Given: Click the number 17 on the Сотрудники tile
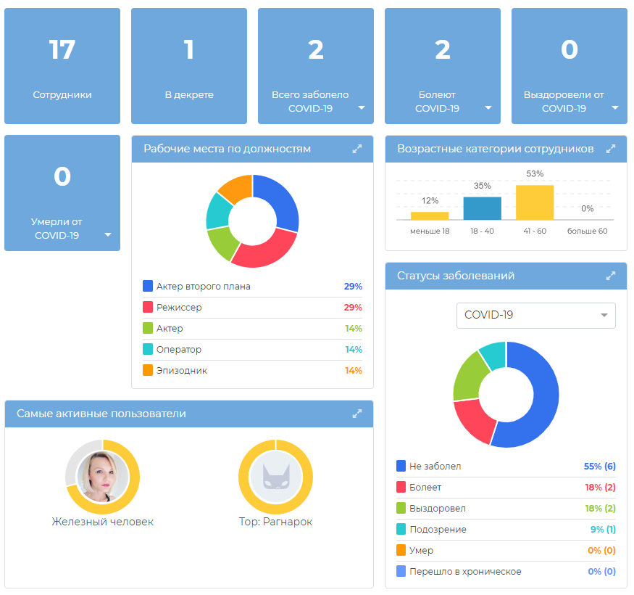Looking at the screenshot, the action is coord(62,50).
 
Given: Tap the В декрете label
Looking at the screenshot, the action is coord(189,95).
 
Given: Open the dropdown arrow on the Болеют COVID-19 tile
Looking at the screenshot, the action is coord(488,107).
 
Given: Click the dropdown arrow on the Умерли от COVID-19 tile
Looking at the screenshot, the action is coord(107,234).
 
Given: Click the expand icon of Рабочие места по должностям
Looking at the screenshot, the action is coord(357,149).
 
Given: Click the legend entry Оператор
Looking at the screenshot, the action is coord(179,350).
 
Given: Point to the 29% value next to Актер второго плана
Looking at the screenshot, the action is coord(353,287).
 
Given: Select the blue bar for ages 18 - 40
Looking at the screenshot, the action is coord(482,208).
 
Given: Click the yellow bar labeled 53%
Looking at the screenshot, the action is coord(535,202).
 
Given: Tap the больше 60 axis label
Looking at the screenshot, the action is coord(587,231).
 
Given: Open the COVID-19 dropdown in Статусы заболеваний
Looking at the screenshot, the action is coord(535,315).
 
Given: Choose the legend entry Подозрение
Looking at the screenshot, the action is coord(438,530).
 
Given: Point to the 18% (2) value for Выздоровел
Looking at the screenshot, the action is coord(600,509).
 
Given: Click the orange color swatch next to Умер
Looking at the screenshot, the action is coord(401,550).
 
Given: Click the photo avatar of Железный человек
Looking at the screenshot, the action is coord(103,477).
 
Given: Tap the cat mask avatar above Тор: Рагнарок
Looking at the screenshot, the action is coord(276,477).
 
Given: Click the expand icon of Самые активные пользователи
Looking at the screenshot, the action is coord(357,414).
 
